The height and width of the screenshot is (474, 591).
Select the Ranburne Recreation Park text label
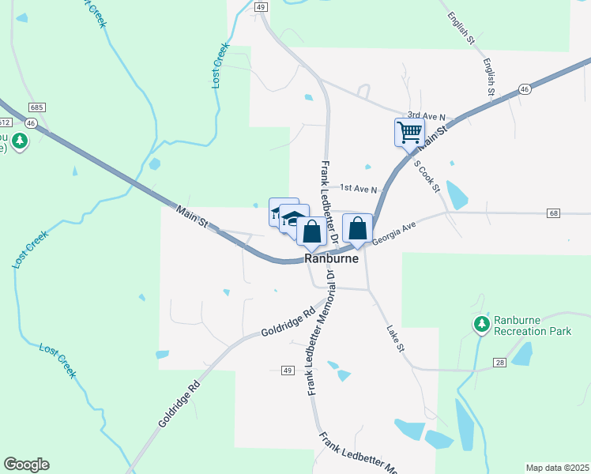[x=533, y=325]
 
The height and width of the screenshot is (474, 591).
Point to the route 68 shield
[x=552, y=213]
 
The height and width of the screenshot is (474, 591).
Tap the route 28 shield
[x=500, y=362]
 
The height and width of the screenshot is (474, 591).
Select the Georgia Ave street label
[x=393, y=235]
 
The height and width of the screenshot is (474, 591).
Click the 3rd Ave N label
[x=427, y=116]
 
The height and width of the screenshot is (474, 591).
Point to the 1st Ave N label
[x=359, y=188]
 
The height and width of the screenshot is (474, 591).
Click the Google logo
[x=26, y=465]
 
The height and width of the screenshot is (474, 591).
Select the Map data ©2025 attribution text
[x=558, y=468]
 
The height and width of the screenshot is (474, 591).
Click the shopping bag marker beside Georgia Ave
[x=357, y=228]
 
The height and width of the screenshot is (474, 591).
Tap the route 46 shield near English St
[x=524, y=89]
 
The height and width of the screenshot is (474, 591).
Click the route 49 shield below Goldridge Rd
[x=287, y=371]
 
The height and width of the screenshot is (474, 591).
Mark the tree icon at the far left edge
[x=19, y=142]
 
